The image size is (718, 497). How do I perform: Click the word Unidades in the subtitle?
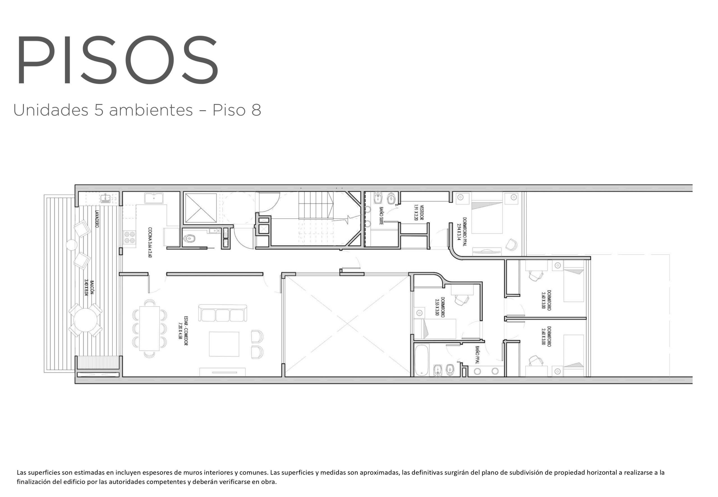[51, 110]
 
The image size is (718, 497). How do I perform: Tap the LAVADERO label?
[96, 218]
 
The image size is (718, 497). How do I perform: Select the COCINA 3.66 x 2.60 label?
[150, 243]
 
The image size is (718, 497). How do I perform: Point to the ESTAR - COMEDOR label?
[183, 330]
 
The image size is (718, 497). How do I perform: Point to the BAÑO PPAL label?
[477, 355]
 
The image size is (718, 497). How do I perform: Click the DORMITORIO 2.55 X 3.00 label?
[440, 307]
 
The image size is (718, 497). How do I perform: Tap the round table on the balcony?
[85, 320]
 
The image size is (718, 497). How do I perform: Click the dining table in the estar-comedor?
[149, 328]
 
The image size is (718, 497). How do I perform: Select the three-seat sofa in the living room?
[223, 313]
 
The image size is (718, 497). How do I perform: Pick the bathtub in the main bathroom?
[422, 360]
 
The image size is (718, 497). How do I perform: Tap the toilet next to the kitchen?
[189, 238]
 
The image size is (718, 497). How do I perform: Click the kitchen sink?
[154, 198]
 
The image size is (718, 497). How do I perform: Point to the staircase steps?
[316, 205]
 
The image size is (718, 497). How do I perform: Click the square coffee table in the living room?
[224, 344]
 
